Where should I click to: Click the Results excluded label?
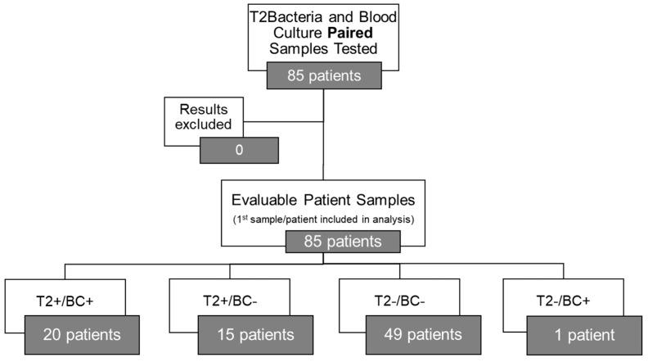pos(200,117)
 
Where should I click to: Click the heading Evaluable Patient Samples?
pos(324,200)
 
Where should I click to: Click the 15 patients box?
pos(245,334)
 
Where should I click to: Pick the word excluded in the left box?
pos(200,125)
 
